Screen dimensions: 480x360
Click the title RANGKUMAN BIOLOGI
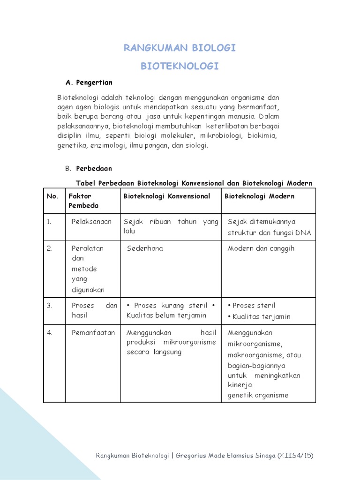(x=180, y=48)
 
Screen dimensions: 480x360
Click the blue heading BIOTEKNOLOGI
(x=180, y=67)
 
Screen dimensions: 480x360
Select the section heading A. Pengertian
(x=89, y=82)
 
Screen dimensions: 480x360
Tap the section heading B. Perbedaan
(x=88, y=168)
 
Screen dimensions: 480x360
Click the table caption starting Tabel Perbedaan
(x=194, y=182)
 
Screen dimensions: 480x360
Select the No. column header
(x=52, y=196)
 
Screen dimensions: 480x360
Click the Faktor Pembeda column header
(x=83, y=201)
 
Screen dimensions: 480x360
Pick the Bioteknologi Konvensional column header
(x=167, y=196)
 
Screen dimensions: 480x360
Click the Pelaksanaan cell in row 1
(x=91, y=222)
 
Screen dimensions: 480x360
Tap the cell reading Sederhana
(x=145, y=248)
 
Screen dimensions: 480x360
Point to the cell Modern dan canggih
(x=261, y=248)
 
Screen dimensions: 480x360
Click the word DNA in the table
(x=303, y=233)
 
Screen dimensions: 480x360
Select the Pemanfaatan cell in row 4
(x=93, y=333)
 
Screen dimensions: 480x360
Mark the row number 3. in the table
(x=50, y=306)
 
